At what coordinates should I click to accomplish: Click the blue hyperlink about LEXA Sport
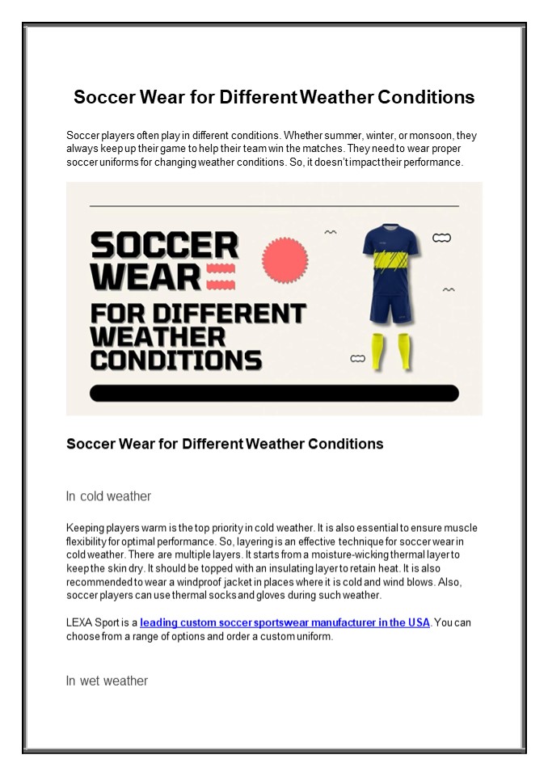click(285, 622)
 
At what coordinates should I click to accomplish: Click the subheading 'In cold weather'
click(108, 496)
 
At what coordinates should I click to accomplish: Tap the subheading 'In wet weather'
click(107, 681)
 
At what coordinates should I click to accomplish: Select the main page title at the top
click(274, 98)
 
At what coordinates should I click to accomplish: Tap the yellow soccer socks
click(392, 352)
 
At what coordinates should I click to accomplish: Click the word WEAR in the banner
click(145, 277)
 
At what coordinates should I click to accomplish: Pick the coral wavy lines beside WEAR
click(221, 277)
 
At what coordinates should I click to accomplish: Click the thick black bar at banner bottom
click(274, 394)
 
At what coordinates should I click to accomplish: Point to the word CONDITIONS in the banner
click(175, 360)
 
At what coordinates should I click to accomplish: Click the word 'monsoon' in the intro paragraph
click(419, 136)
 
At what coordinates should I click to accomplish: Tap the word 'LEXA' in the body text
click(81, 622)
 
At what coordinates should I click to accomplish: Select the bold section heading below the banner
click(225, 444)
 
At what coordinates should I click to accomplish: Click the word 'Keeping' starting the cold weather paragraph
click(86, 528)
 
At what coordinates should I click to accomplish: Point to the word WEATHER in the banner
click(158, 335)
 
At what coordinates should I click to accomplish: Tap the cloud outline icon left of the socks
click(357, 357)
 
